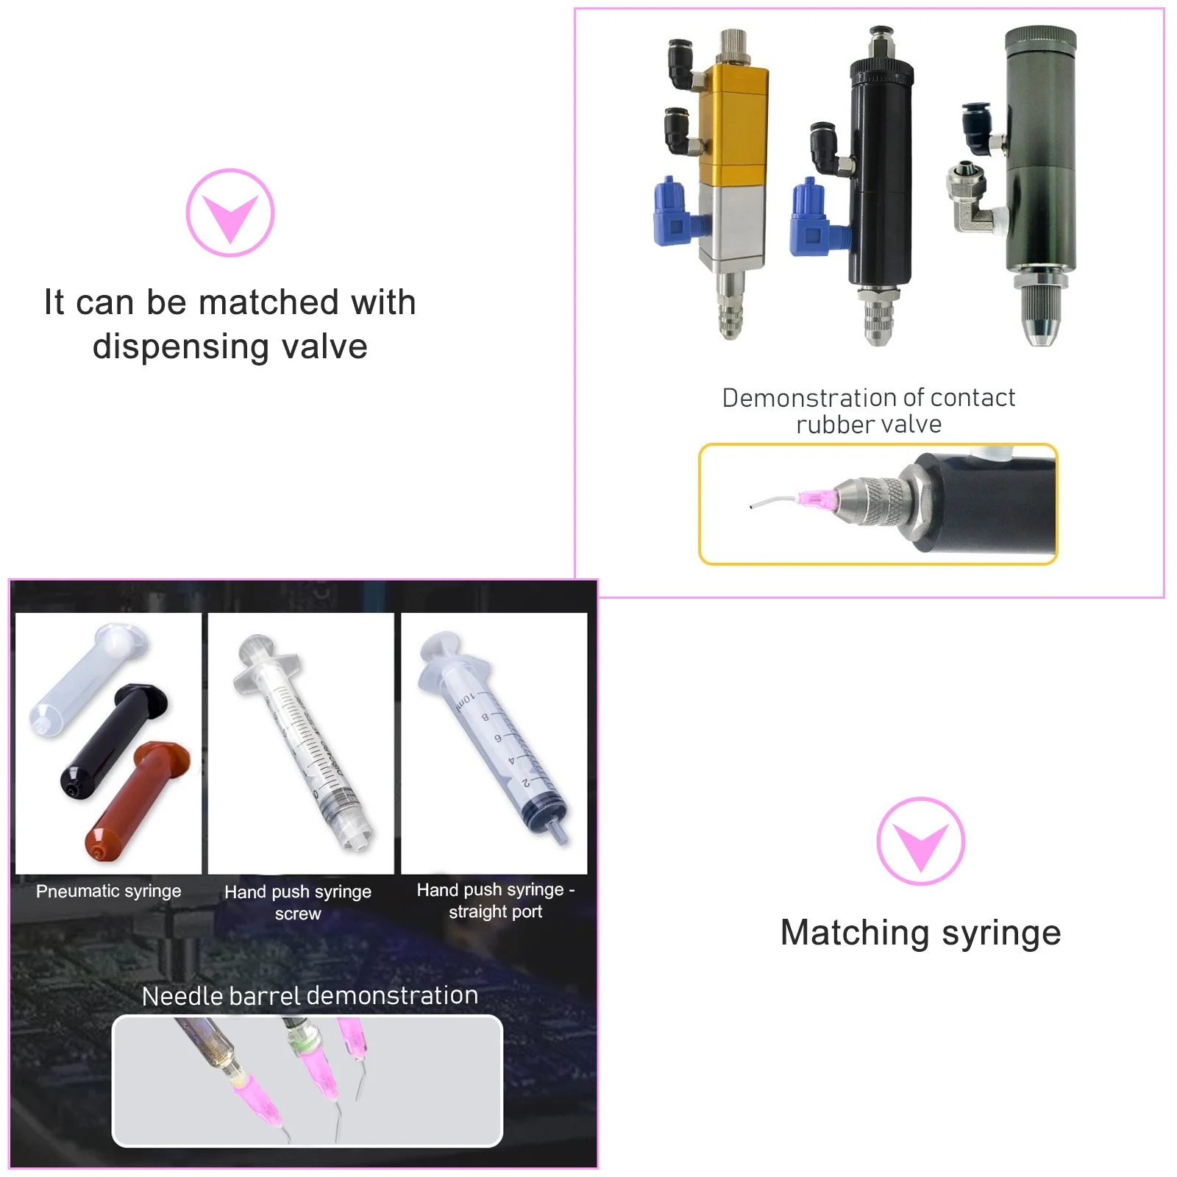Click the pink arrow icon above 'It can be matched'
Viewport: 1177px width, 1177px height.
click(x=230, y=213)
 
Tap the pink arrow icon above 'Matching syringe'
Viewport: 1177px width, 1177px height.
click(x=920, y=842)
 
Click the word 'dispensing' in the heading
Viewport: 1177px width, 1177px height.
click(x=180, y=347)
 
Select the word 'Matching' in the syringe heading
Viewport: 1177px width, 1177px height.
click(x=855, y=933)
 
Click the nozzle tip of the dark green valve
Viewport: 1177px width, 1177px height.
click(x=1039, y=335)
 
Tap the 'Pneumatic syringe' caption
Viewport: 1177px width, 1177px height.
click(x=108, y=891)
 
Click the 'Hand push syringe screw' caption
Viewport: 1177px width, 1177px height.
click(x=298, y=902)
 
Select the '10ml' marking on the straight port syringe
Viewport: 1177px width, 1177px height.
click(x=465, y=701)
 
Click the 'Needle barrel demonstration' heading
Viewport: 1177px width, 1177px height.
click(x=310, y=995)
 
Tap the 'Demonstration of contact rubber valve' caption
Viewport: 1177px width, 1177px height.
click(x=868, y=410)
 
